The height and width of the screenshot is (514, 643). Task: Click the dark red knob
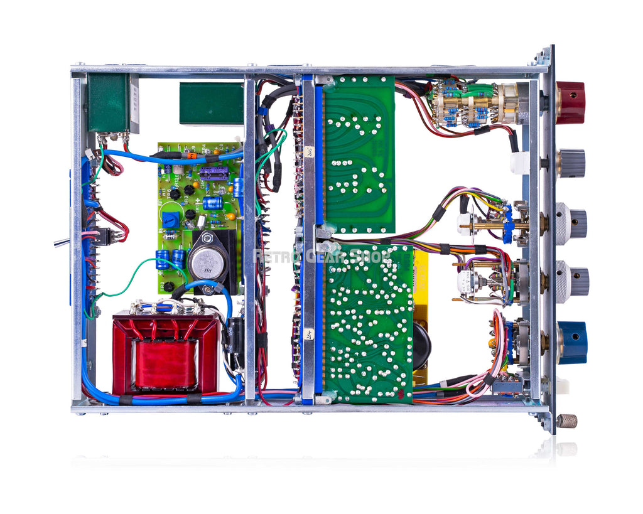(570, 102)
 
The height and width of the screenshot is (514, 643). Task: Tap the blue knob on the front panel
(572, 343)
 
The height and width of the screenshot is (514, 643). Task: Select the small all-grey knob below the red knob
(571, 163)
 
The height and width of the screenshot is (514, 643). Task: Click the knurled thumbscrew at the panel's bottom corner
(567, 420)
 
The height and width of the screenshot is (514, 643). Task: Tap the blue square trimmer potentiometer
(170, 220)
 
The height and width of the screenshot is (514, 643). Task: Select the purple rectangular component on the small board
(213, 174)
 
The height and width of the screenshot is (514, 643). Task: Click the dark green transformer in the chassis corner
(109, 103)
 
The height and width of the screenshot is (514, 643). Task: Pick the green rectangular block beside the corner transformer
(211, 104)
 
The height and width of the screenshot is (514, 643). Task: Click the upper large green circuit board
(359, 154)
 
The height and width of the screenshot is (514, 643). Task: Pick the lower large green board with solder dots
(367, 323)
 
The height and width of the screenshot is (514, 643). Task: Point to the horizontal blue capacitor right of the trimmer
(213, 203)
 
